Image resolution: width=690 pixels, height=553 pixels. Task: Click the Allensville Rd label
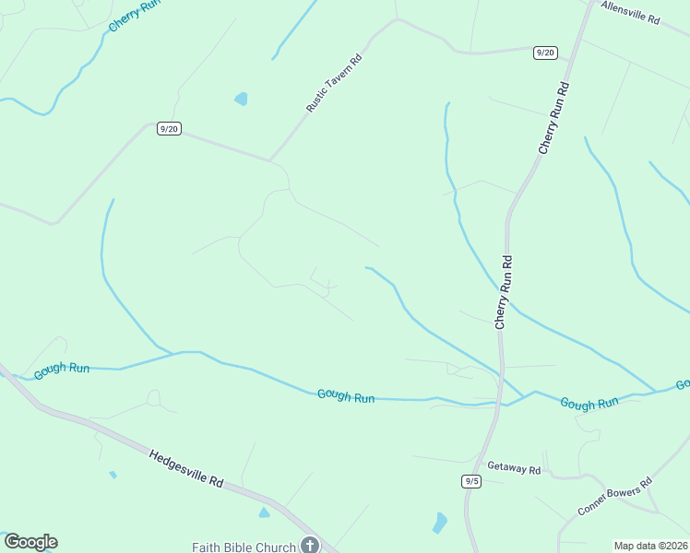point(630,12)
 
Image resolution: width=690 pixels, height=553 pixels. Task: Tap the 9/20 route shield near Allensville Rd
point(545,53)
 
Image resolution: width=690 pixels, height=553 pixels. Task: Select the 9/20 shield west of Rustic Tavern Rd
point(168,129)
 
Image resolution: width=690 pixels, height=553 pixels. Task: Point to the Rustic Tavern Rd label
point(335,83)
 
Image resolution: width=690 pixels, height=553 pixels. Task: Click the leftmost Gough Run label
point(62,370)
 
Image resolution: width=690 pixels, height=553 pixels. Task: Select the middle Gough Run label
point(346,395)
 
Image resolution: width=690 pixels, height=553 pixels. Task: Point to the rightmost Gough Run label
point(589,403)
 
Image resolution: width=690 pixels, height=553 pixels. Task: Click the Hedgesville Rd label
point(186,467)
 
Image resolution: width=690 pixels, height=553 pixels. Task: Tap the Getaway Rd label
point(514,467)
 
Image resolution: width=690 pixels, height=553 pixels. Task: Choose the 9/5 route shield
point(471,481)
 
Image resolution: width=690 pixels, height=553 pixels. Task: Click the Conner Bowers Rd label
point(614,497)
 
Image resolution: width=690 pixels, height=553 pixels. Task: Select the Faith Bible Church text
point(244,547)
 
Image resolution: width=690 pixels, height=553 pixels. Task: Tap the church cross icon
point(310,546)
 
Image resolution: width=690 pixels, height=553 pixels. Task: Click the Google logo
point(30,542)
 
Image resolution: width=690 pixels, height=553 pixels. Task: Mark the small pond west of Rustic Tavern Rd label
point(241,98)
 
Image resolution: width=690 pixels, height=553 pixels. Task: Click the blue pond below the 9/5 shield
point(440,523)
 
